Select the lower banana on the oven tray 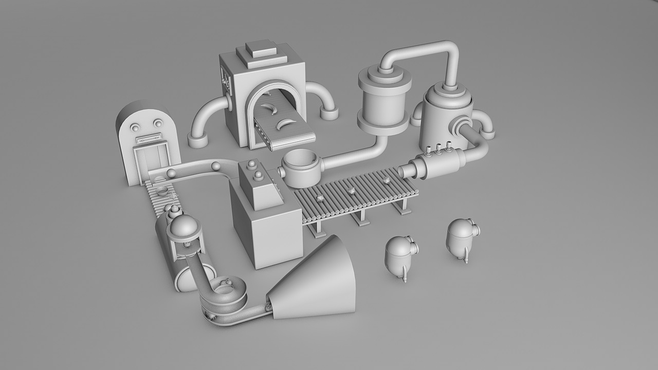tap(284, 123)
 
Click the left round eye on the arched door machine tap(136, 126)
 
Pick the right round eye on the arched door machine tap(155, 123)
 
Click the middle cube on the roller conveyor tap(352, 191)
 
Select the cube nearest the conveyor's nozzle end tap(386, 180)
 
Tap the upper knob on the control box tap(252, 164)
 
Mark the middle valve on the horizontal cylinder tap(438, 149)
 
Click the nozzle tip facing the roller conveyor tap(403, 171)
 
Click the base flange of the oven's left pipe tap(197, 140)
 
